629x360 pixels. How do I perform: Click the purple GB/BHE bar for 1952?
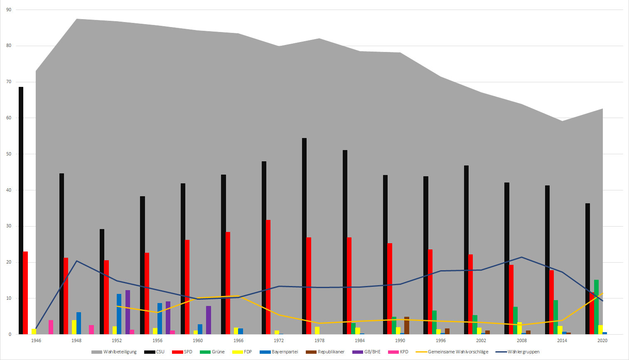point(128,312)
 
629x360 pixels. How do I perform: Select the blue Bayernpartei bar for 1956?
point(160,318)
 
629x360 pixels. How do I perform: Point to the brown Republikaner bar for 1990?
point(407,325)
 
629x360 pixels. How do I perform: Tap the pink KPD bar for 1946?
point(51,327)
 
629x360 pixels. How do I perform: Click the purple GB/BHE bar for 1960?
point(209,320)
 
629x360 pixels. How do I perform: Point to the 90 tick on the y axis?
point(9,10)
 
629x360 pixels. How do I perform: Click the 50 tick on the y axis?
point(9,154)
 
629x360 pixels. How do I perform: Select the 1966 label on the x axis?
point(238,340)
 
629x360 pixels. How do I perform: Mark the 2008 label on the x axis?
point(521,340)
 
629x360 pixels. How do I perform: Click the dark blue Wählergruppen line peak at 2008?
point(521,257)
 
